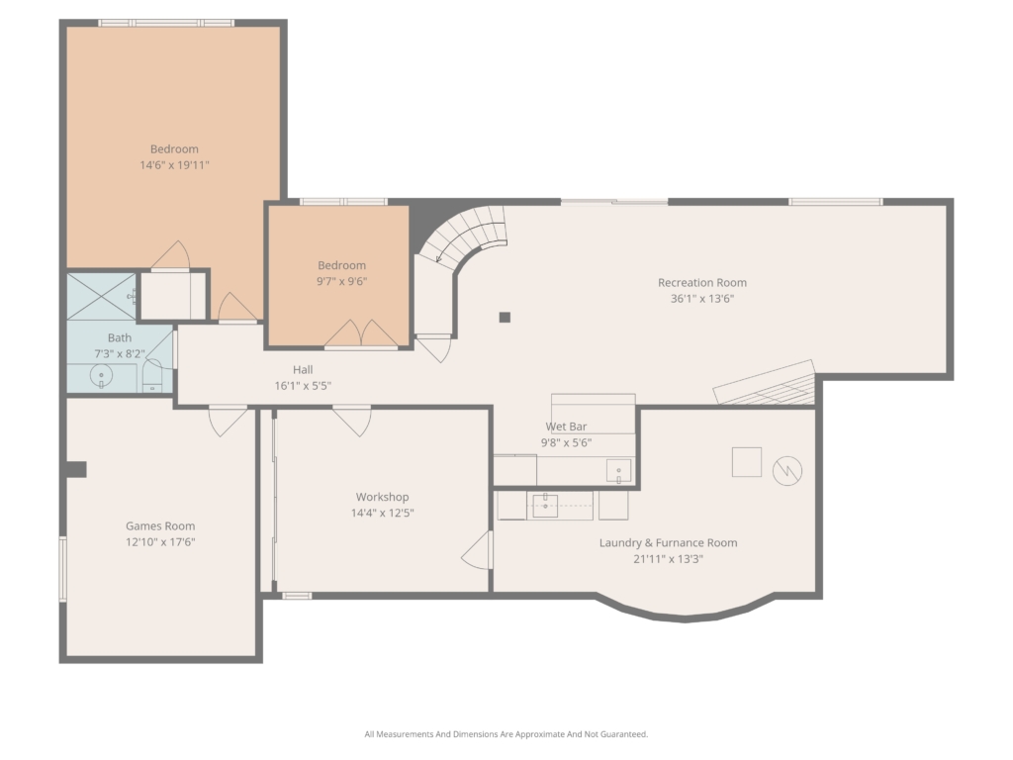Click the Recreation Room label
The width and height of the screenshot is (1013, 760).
tap(702, 282)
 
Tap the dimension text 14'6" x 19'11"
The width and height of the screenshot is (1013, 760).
tap(174, 165)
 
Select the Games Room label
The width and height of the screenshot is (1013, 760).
tap(160, 526)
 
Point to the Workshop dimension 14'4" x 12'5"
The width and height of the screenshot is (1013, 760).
tap(383, 513)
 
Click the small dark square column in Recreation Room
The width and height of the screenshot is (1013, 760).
tap(505, 317)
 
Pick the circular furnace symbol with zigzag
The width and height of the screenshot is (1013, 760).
tap(787, 470)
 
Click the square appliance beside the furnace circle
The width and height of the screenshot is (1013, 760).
tap(746, 462)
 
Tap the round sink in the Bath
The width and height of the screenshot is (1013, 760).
tap(102, 375)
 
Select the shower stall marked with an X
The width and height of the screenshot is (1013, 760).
tap(102, 296)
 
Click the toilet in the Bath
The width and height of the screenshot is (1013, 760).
tap(152, 376)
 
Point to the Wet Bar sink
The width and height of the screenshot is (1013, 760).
tap(618, 470)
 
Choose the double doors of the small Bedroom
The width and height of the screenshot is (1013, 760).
tap(360, 334)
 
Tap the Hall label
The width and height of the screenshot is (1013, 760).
tap(303, 370)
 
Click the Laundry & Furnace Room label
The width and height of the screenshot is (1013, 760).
tap(668, 543)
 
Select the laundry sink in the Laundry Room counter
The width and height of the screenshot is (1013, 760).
tap(545, 506)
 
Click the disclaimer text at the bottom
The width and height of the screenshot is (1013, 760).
tap(506, 734)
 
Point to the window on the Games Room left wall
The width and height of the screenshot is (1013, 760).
tap(62, 569)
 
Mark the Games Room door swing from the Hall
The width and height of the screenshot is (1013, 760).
tap(228, 421)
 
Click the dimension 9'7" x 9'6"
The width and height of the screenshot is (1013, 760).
tap(341, 281)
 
